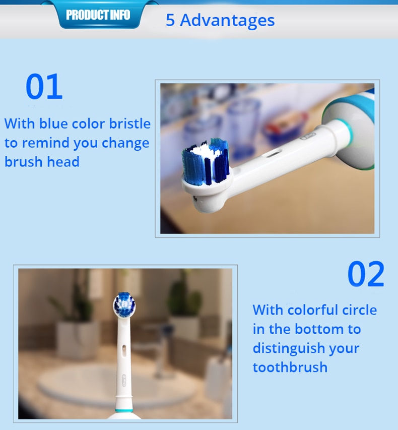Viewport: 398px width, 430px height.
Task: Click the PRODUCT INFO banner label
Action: tap(98, 15)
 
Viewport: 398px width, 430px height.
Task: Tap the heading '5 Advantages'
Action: tap(220, 21)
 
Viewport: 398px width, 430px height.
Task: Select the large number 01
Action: tap(44, 87)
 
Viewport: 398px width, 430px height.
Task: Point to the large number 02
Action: tap(366, 275)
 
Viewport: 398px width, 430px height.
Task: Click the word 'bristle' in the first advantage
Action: tap(129, 124)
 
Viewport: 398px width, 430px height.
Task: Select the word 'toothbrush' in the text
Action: tap(290, 367)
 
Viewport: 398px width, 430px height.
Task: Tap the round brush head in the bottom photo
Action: tap(124, 304)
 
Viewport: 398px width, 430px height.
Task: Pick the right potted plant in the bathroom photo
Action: tap(184, 308)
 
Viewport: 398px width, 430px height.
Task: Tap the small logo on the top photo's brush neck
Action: tap(307, 136)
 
